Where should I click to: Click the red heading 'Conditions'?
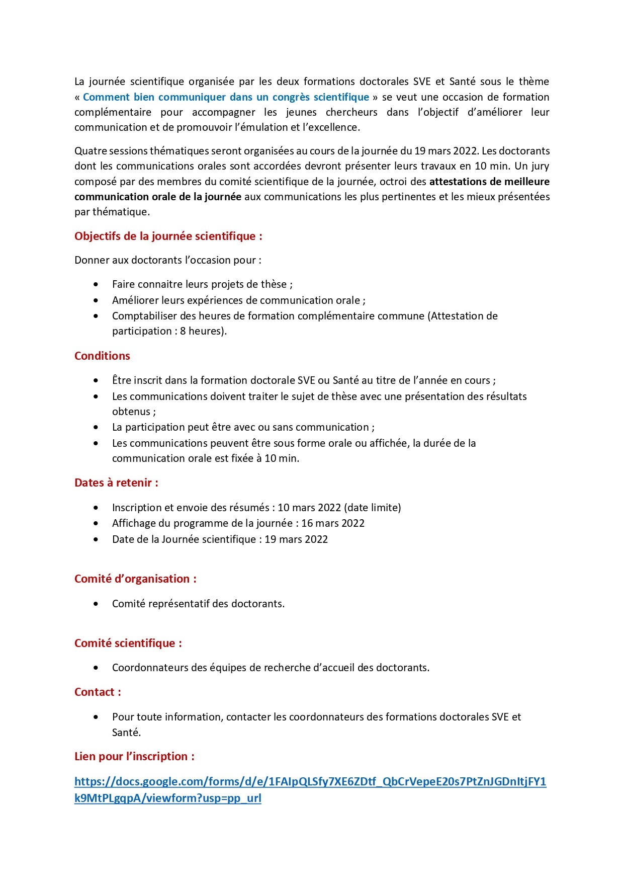tap(102, 356)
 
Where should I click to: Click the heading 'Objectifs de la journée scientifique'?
tap(168, 236)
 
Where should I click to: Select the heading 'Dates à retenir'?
tap(116, 483)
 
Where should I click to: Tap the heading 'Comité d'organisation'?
tap(135, 579)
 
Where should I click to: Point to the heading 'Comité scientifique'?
tap(128, 643)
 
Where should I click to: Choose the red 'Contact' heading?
tap(97, 692)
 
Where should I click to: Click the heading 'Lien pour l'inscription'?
tap(134, 756)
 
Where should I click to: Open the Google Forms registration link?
tap(310, 781)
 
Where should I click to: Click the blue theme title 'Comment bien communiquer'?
tap(226, 97)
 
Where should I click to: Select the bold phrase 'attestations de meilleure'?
tap(489, 181)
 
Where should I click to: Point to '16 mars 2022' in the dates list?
tap(333, 523)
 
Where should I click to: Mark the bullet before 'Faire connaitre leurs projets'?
tap(96, 284)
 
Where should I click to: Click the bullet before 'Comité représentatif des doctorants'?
tap(96, 604)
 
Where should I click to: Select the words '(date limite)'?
tap(373, 507)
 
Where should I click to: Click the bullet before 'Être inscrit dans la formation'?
tap(96, 380)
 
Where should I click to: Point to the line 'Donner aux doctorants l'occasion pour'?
tap(167, 260)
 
